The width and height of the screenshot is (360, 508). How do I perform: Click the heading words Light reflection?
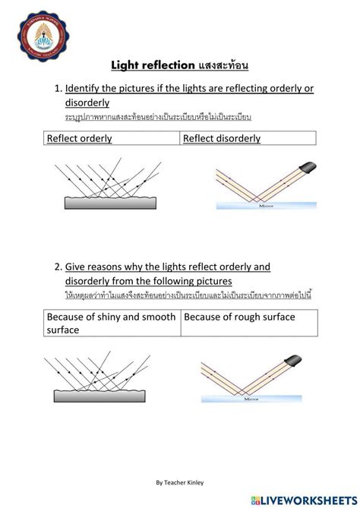click(x=153, y=67)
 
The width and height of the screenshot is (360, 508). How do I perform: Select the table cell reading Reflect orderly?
click(x=110, y=138)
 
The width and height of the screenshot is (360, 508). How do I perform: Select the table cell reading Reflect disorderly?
click(x=248, y=138)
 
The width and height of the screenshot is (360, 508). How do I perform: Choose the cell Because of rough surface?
click(x=248, y=317)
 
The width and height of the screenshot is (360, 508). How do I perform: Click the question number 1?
click(x=58, y=89)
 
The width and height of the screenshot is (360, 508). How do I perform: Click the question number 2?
click(x=58, y=267)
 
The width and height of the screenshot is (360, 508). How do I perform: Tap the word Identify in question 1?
click(x=86, y=89)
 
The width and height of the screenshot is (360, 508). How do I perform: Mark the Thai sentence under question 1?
click(x=157, y=117)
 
